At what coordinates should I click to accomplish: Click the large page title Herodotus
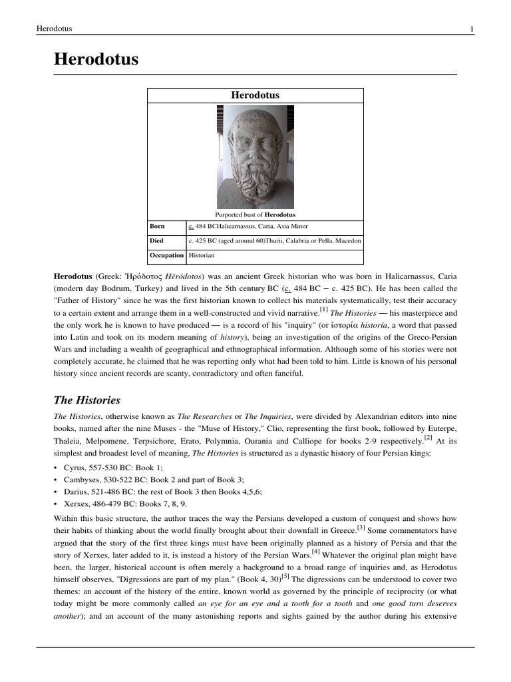point(96,59)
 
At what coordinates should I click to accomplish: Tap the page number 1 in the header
point(471,29)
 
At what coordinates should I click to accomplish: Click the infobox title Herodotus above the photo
point(255,95)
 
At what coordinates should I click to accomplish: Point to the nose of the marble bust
point(254,149)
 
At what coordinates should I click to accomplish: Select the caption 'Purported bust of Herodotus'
point(255,214)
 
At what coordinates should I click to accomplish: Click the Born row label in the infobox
point(157,226)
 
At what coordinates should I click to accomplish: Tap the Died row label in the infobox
point(156,240)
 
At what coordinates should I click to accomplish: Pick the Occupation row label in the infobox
point(166,255)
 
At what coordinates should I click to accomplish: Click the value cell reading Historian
point(202,255)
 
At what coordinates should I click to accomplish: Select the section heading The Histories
point(86,400)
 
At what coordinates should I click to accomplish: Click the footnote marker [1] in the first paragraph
point(323,309)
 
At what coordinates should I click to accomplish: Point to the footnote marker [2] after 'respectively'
point(428,438)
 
